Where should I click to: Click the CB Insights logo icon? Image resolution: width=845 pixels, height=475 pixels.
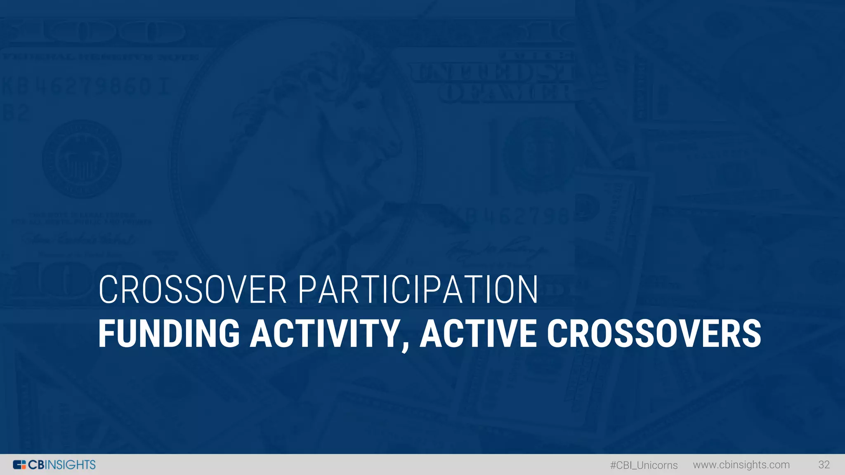[x=19, y=465]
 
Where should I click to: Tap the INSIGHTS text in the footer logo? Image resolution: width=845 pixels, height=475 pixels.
[x=70, y=465]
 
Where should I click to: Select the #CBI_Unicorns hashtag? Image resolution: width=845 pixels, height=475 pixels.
[x=644, y=465]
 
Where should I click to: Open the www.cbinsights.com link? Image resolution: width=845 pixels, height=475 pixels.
[x=741, y=465]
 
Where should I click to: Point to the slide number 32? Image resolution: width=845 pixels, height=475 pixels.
[x=824, y=465]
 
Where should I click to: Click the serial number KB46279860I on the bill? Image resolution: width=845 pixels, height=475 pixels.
[x=85, y=87]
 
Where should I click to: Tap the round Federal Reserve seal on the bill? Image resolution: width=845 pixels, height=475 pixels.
[x=82, y=159]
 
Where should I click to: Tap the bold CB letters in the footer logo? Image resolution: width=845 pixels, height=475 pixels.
[x=36, y=465]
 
